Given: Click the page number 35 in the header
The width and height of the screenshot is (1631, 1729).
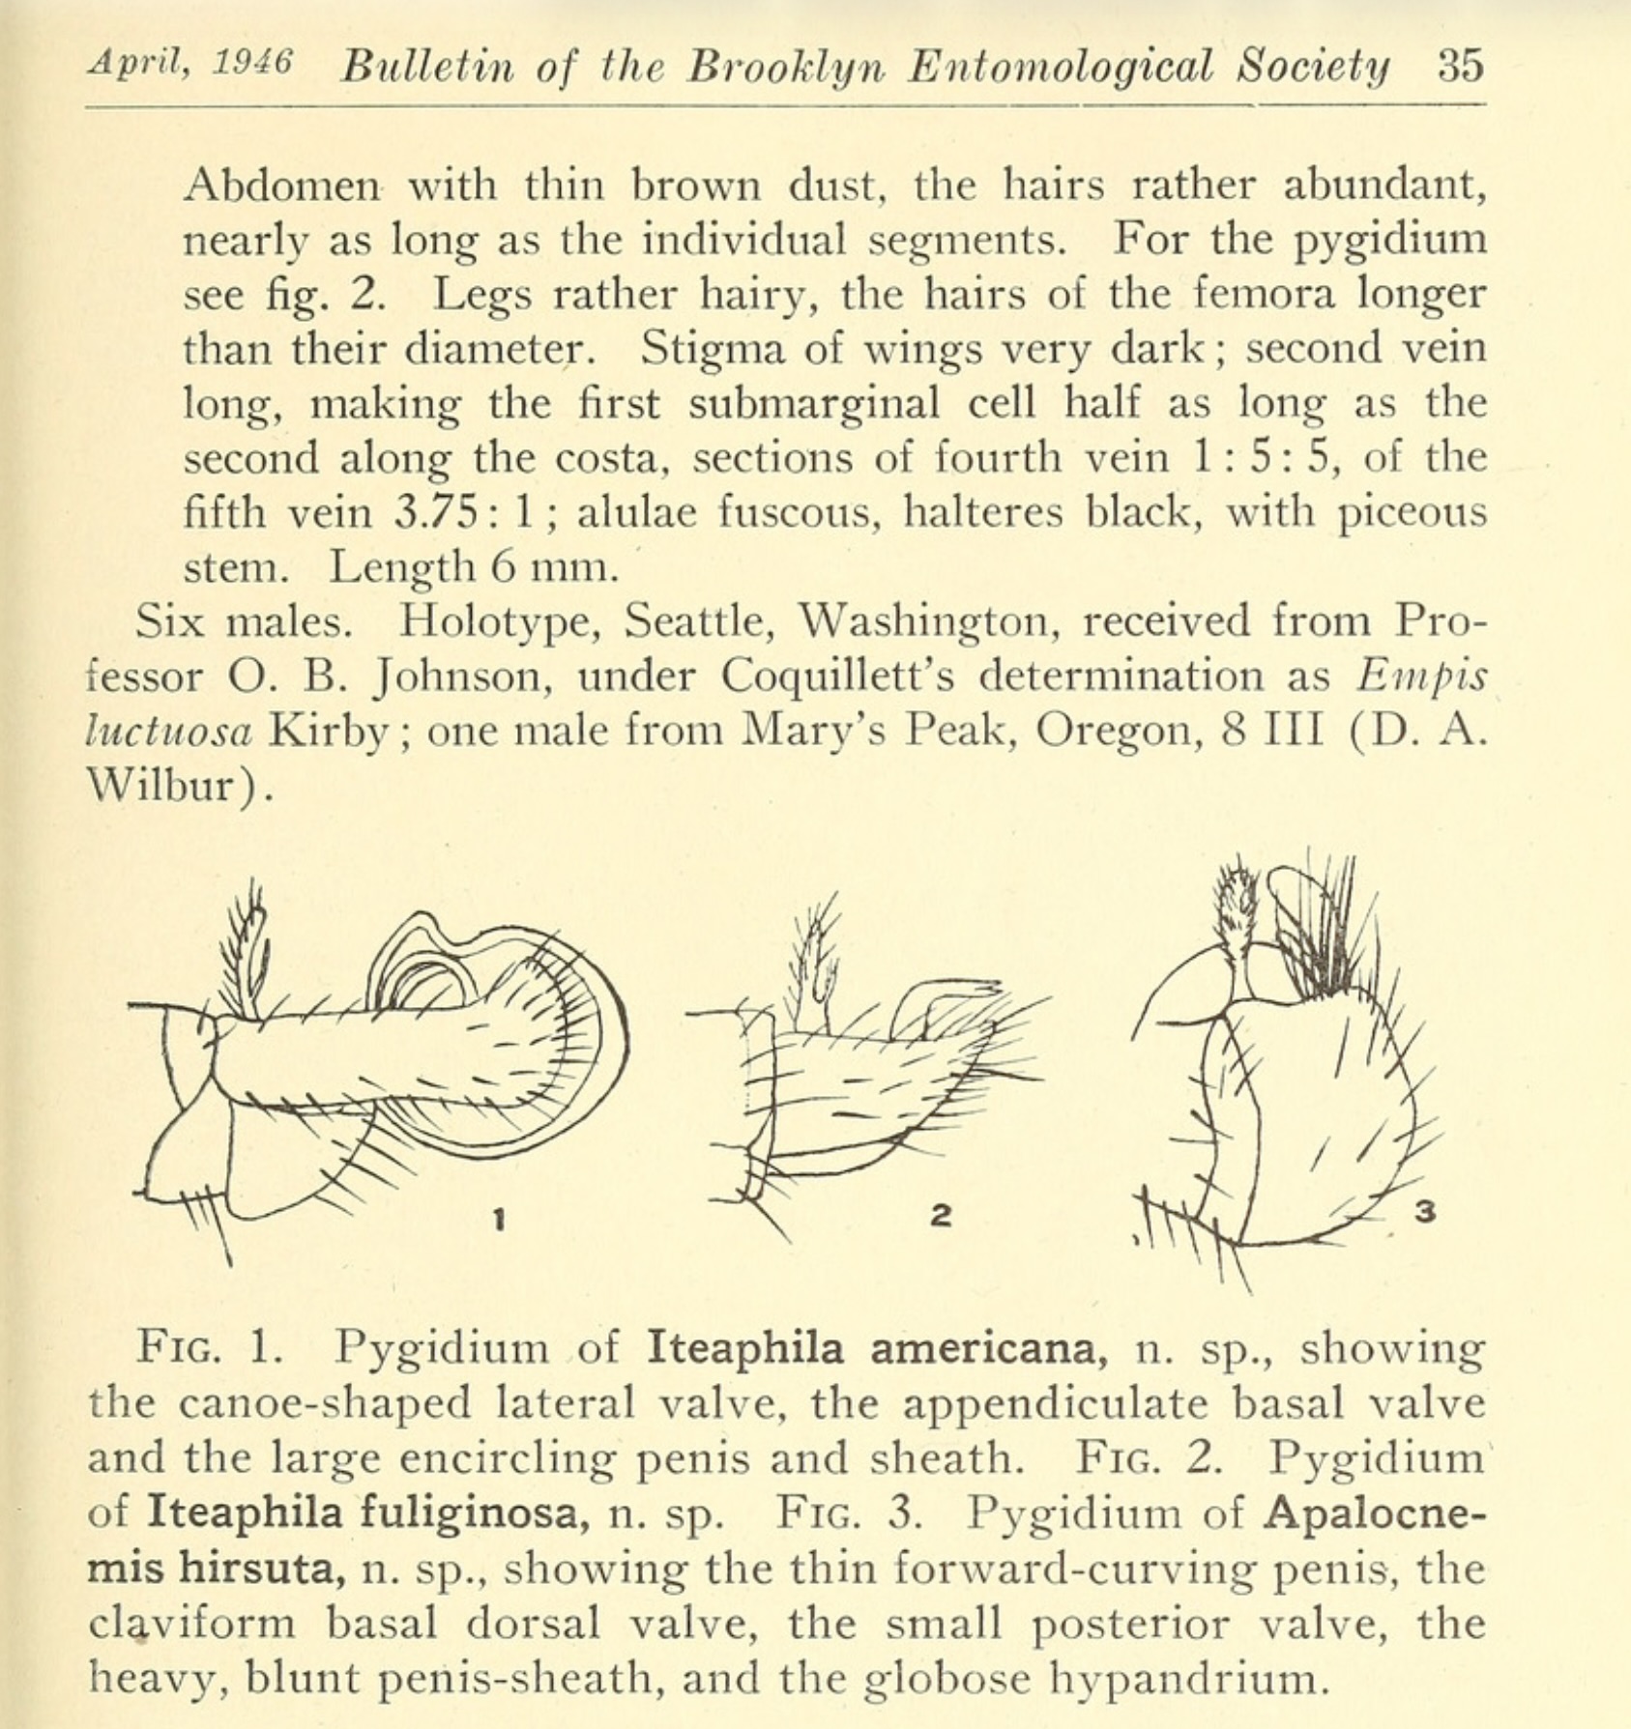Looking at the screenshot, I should click(1459, 66).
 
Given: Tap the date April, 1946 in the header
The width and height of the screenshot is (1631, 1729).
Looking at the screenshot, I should click(189, 64).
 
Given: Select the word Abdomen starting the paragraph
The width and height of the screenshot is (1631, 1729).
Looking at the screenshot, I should click(281, 184).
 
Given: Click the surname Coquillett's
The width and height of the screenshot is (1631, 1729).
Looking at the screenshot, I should click(837, 676).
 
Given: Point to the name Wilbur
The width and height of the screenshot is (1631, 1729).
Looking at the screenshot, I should click(174, 786).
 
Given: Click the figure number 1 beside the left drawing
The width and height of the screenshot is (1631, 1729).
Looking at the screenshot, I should click(499, 1221).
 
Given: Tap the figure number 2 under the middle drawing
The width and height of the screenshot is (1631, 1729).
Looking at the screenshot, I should click(940, 1215).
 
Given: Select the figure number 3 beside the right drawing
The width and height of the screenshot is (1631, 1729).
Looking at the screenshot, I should click(1424, 1210).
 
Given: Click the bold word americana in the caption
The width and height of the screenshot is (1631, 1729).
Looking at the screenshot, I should click(988, 1347).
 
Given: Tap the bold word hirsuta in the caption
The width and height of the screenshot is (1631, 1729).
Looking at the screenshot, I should click(260, 1568).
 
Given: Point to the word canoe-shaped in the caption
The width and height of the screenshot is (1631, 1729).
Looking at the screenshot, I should click(325, 1403).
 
